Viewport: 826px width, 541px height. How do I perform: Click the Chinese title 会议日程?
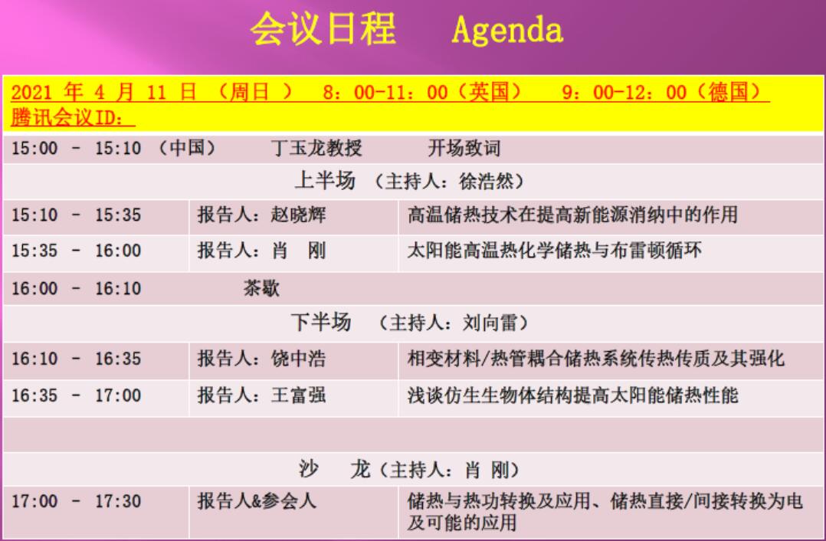(323, 28)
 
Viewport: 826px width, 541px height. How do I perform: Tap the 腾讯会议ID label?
(72, 117)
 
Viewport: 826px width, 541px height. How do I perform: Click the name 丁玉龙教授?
(316, 148)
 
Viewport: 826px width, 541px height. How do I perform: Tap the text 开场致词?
(464, 148)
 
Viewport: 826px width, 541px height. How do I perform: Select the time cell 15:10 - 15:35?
(77, 215)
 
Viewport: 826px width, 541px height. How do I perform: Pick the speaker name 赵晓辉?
(298, 215)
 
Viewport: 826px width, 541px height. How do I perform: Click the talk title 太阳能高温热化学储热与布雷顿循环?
(554, 251)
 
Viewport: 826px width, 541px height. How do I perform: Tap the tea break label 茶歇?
(261, 288)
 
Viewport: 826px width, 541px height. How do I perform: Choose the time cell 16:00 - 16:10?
(77, 289)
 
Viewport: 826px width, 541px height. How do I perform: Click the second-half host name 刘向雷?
(490, 323)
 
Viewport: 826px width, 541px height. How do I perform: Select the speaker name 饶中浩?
(298, 359)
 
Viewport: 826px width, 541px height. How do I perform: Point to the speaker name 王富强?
(298, 395)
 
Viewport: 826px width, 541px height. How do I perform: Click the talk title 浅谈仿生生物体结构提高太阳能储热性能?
(572, 395)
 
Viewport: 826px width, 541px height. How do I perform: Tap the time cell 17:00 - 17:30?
(77, 501)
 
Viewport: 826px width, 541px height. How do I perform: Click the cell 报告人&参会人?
(257, 500)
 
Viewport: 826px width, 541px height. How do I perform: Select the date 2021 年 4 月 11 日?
(103, 93)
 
